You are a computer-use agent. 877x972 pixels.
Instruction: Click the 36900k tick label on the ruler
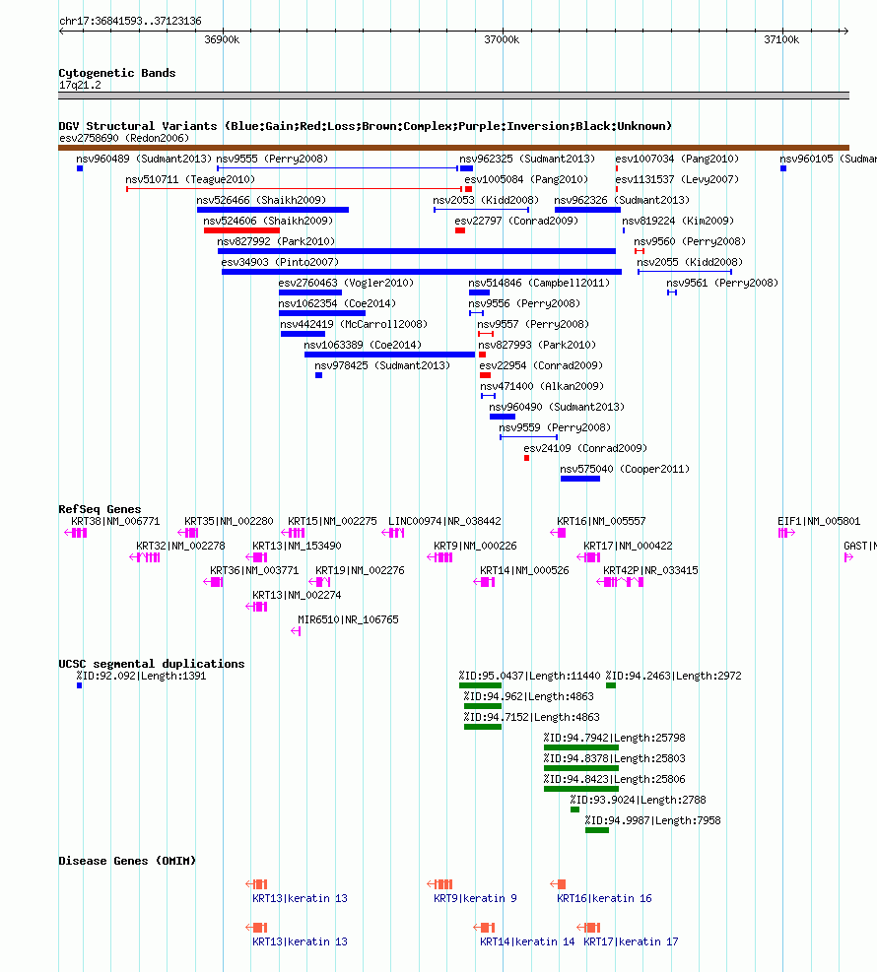pyautogui.click(x=222, y=39)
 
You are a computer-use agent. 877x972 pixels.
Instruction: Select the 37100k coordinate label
pyautogui.click(x=781, y=39)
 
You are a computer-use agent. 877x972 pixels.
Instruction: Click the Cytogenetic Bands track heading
pyautogui.click(x=116, y=73)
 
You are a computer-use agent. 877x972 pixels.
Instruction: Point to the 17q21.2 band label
pyautogui.click(x=80, y=85)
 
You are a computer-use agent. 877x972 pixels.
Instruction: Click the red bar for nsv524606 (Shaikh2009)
pyautogui.click(x=241, y=230)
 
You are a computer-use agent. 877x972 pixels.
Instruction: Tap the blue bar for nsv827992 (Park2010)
pyautogui.click(x=416, y=251)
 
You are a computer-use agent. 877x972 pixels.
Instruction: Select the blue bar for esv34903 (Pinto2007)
pyautogui.click(x=421, y=272)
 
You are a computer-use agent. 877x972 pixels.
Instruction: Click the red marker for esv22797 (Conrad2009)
pyautogui.click(x=460, y=230)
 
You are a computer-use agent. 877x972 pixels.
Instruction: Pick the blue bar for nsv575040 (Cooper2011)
pyautogui.click(x=579, y=479)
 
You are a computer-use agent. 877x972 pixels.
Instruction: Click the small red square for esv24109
pyautogui.click(x=527, y=458)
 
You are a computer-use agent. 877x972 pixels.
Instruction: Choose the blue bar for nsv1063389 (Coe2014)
pyautogui.click(x=389, y=355)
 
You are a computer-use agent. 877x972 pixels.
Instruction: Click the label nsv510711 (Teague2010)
pyautogui.click(x=190, y=179)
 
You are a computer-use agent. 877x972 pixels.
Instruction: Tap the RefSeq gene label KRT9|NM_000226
pyautogui.click(x=475, y=546)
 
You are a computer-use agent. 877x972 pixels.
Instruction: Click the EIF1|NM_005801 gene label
pyautogui.click(x=819, y=521)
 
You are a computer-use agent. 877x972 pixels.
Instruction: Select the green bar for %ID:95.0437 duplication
pyautogui.click(x=480, y=685)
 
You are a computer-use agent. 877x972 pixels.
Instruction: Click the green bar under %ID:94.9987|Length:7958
pyautogui.click(x=597, y=830)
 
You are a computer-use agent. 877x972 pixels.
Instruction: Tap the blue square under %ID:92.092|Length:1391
pyautogui.click(x=79, y=685)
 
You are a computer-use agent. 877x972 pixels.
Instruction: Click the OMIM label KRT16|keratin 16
pyautogui.click(x=604, y=898)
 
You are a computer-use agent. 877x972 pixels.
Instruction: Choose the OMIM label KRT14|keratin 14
pyautogui.click(x=527, y=941)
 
